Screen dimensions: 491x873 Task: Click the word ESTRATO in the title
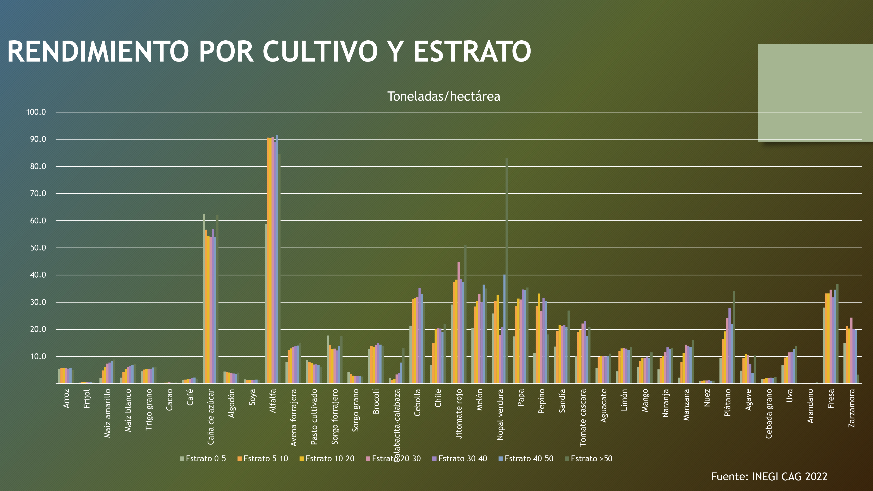click(472, 52)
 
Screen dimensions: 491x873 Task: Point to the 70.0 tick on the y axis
click(36, 194)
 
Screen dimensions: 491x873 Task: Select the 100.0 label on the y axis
click(36, 112)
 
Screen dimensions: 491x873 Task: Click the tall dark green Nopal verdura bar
click(507, 271)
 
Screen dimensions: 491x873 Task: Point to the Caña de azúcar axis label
click(211, 417)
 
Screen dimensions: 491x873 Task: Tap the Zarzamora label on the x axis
click(852, 408)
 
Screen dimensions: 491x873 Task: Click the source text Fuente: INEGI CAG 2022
click(769, 476)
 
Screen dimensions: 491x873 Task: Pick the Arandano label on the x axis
click(810, 406)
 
